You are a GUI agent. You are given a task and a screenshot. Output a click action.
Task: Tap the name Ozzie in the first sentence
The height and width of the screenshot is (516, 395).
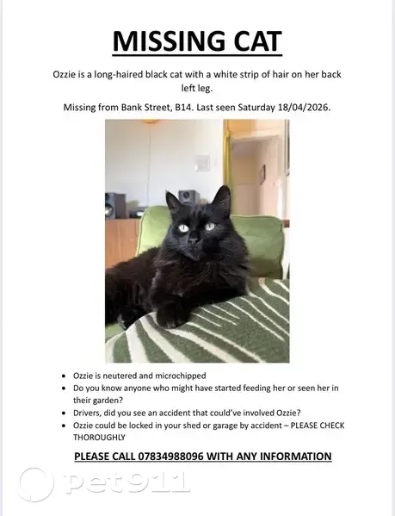(67, 74)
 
